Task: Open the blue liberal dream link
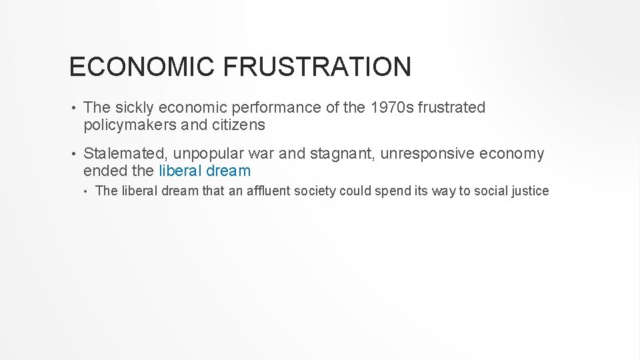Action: click(x=205, y=171)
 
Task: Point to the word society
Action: click(x=313, y=191)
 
